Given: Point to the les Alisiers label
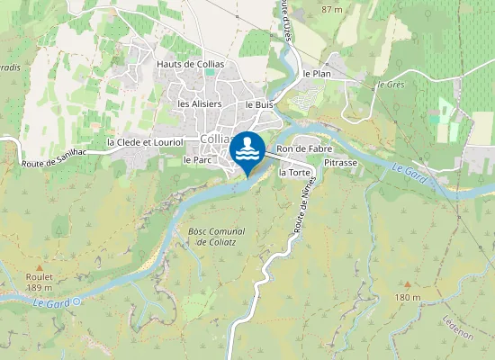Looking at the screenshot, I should point(200,103).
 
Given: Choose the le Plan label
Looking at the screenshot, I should point(318,74).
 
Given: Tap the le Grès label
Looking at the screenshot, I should point(391,85).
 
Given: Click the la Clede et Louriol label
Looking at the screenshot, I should point(145,142).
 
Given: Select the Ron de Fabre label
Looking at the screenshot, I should point(299,148).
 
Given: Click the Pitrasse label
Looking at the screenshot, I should point(340,163).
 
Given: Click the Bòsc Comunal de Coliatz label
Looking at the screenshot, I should point(217,236).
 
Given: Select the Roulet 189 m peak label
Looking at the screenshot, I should point(40,282).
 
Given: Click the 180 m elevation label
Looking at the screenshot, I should point(408,297).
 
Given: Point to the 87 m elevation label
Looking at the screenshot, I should point(332,9).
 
